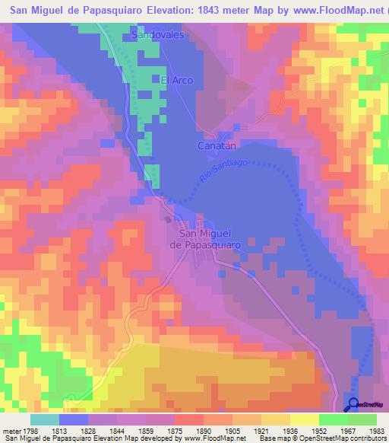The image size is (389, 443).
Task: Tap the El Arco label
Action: click(x=176, y=80)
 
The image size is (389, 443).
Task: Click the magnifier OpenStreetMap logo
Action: click(x=353, y=404)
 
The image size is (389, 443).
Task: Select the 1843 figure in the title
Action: click(x=207, y=11)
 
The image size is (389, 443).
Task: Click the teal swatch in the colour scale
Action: click(x=45, y=419)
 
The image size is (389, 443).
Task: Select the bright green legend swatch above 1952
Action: click(x=333, y=419)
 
